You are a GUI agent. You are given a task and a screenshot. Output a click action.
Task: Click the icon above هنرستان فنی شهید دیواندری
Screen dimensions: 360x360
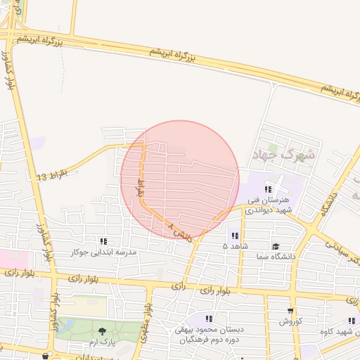click(268, 189)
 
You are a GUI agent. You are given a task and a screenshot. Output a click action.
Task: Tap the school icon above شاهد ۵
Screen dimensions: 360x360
click(235, 236)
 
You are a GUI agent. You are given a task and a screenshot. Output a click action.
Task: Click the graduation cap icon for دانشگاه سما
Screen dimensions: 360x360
click(276, 247)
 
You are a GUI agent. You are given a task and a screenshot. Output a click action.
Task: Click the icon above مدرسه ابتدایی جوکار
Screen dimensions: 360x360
click(104, 241)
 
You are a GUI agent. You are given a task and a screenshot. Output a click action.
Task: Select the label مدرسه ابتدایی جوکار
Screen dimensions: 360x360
click(105, 252)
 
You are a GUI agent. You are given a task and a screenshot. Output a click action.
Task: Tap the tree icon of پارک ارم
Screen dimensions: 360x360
click(103, 330)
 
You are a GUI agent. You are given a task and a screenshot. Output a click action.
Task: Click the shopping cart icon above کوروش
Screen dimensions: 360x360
click(290, 311)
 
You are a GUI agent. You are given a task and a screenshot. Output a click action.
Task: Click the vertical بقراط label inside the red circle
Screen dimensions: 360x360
click(139, 188)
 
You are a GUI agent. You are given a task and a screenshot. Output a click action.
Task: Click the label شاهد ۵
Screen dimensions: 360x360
click(235, 247)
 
